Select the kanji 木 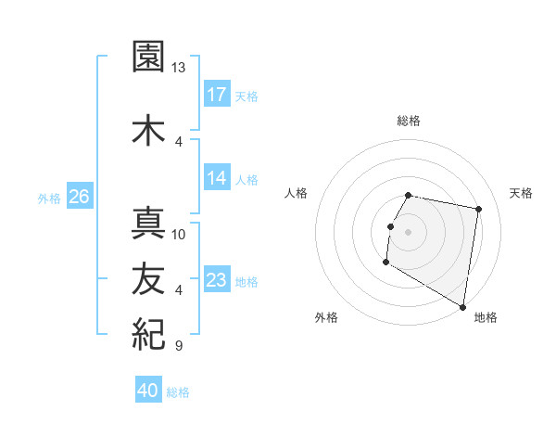(147, 129)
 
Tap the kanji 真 (147, 223)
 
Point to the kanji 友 (147, 277)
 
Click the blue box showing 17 (217, 95)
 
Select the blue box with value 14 (217, 178)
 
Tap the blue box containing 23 (217, 280)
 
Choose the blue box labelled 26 (79, 197)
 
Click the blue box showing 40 (147, 391)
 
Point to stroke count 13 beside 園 (178, 68)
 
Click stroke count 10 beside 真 (179, 234)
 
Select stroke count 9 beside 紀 (178, 346)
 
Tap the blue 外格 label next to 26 (49, 198)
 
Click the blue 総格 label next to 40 (178, 392)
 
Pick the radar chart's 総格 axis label (409, 121)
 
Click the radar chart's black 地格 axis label (486, 317)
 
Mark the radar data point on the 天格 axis (478, 210)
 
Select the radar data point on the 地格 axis (462, 306)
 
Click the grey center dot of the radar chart (408, 232)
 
